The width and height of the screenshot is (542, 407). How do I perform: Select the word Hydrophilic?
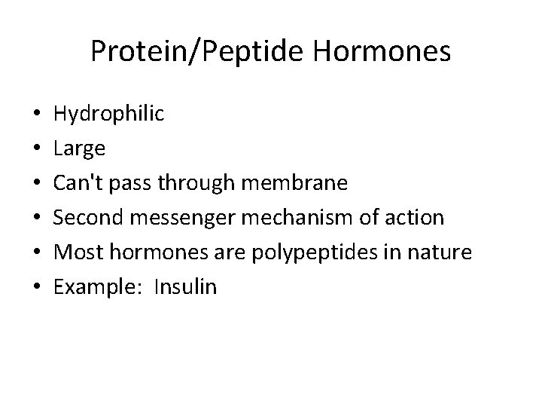pos(108,114)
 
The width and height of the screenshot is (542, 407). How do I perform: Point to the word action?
pos(410,217)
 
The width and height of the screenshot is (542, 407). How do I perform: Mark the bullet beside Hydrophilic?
pos(38,115)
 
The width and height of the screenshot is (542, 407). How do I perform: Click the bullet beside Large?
pos(38,149)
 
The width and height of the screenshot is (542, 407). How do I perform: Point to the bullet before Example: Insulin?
pos(38,286)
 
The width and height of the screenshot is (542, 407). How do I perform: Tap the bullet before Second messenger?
pos(38,218)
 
